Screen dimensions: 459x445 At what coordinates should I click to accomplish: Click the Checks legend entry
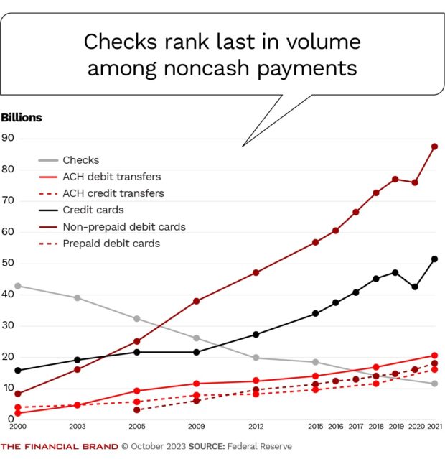click(80, 160)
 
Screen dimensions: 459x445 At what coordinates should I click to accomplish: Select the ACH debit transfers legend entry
click(111, 177)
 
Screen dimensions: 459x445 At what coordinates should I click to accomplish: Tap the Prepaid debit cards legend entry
click(111, 244)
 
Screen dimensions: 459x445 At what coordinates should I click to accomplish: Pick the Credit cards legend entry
click(93, 210)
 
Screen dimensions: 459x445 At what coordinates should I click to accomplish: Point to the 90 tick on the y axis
click(9, 138)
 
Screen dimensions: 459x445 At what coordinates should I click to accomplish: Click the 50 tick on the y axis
click(9, 264)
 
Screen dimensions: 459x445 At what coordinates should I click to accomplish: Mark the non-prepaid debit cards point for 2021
click(434, 147)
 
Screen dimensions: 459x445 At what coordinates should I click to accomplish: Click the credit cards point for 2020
click(415, 287)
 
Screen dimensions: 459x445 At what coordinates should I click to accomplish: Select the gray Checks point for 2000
click(17, 286)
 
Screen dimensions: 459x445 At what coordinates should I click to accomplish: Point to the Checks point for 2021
click(434, 384)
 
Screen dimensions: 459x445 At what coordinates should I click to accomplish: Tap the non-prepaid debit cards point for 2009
click(196, 301)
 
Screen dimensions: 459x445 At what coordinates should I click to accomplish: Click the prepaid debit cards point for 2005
click(137, 410)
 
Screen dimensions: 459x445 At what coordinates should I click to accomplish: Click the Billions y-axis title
click(22, 118)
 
